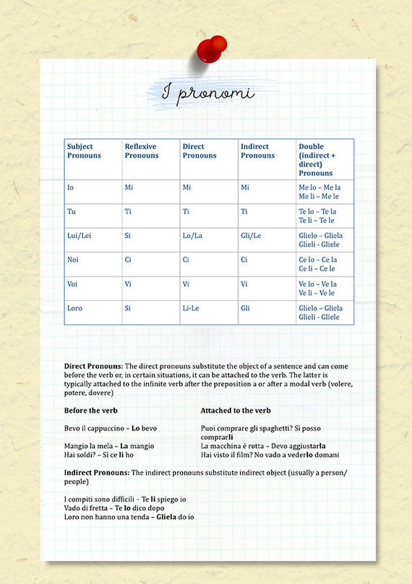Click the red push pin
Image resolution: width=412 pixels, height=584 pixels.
(211, 49)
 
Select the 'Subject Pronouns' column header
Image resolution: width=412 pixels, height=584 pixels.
(85, 151)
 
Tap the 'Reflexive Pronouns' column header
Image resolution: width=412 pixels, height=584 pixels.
(142, 151)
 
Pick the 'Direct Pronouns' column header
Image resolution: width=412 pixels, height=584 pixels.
(199, 151)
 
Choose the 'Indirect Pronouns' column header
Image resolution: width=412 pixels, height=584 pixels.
(257, 151)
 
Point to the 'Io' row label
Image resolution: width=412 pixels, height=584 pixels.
(70, 187)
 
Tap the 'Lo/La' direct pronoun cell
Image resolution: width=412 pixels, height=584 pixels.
(192, 236)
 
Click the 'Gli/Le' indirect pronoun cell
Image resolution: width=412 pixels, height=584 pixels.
(251, 236)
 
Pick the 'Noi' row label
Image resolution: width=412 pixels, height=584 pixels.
(73, 260)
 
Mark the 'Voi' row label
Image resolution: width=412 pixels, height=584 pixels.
(73, 284)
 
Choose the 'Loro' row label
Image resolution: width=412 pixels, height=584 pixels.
(74, 308)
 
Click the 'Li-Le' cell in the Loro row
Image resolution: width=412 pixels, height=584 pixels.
(192, 308)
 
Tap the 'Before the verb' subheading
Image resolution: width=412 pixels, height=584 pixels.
(91, 410)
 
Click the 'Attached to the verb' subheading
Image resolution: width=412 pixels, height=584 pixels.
(236, 410)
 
